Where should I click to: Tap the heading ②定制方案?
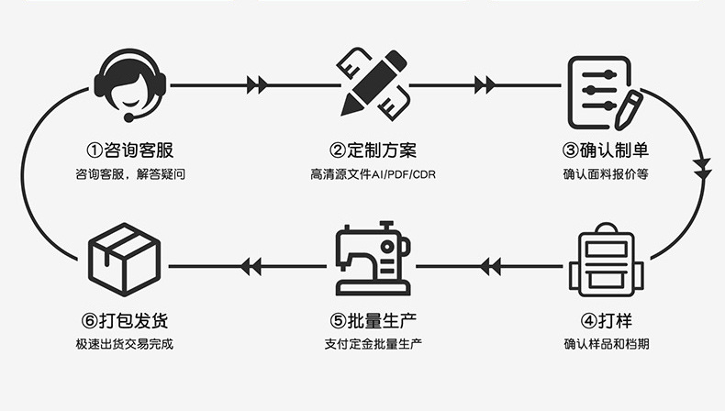tap(373, 149)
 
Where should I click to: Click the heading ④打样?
tap(607, 321)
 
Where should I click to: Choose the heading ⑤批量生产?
tap(373, 321)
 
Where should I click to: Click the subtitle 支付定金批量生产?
tap(373, 345)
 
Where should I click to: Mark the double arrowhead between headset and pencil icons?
tap(257, 85)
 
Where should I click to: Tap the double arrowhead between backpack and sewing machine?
tap(490, 267)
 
